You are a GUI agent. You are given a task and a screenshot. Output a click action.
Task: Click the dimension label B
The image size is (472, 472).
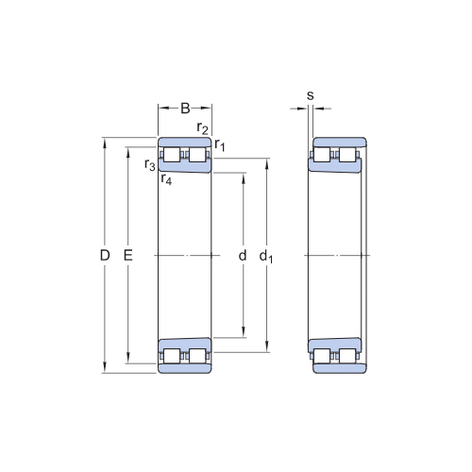tap(185, 109)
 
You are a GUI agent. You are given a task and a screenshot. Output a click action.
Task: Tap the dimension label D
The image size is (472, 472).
tap(105, 255)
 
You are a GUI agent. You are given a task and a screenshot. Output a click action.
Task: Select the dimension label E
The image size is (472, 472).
tap(128, 255)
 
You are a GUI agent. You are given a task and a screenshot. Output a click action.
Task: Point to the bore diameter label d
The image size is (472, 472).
tap(243, 256)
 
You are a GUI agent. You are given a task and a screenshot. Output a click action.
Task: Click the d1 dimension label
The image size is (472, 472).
tap(266, 256)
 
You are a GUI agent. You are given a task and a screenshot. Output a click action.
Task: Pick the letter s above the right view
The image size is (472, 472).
tap(311, 95)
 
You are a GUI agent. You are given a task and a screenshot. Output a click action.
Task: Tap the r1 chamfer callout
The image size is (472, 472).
tap(220, 145)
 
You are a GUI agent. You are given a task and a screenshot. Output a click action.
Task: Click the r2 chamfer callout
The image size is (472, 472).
tap(202, 128)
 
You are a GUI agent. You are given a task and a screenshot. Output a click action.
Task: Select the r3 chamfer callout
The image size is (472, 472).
tap(150, 164)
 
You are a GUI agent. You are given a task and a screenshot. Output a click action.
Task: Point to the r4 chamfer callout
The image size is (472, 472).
tap(166, 179)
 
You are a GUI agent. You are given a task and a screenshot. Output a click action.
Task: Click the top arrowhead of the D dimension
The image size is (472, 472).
tap(105, 143)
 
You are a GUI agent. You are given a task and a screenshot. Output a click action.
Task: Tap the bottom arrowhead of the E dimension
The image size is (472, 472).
tap(127, 359)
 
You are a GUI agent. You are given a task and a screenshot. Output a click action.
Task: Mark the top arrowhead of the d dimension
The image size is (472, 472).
tap(244, 177)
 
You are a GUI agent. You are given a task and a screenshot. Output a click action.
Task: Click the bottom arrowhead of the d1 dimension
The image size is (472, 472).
tap(267, 347)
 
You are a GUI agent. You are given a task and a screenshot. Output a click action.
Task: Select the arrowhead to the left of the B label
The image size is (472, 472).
tap(163, 109)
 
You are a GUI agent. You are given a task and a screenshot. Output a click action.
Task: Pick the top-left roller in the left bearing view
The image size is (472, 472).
tap(172, 155)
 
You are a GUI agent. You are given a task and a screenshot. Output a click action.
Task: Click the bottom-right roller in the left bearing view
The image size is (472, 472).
tap(197, 356)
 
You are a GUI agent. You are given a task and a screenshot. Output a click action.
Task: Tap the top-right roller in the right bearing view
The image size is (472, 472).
tap(347, 155)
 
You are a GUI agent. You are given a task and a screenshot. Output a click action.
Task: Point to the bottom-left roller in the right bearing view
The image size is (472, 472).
tap(322, 356)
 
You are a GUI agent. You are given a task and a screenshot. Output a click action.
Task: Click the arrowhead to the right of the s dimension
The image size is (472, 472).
tap(318, 109)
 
